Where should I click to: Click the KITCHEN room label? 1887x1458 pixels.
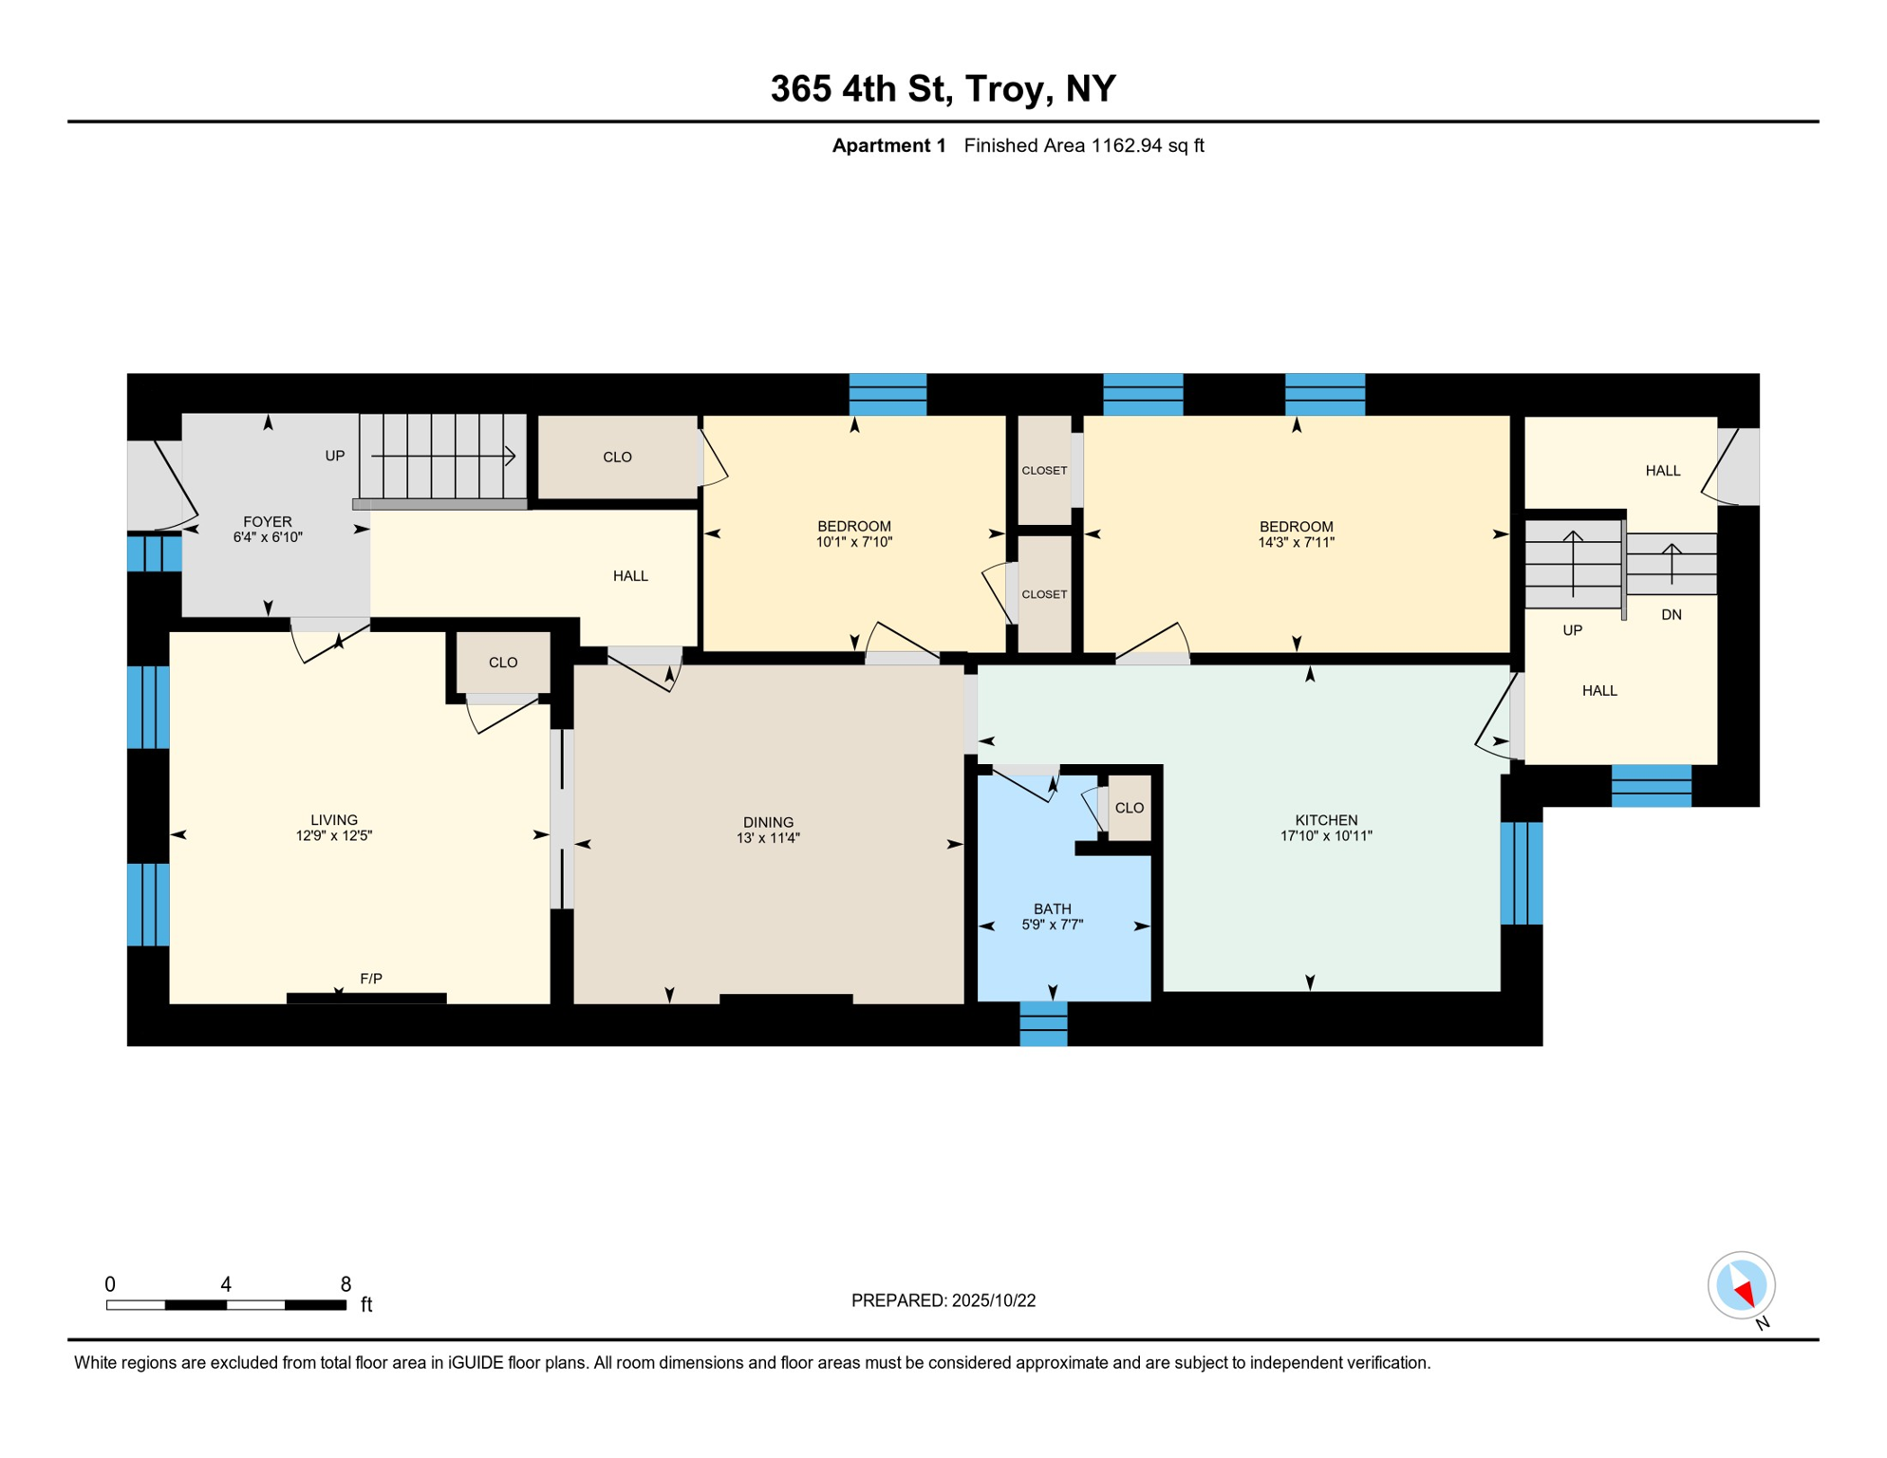point(1326,820)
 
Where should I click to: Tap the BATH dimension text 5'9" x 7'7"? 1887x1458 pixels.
point(1052,925)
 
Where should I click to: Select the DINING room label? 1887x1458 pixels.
point(768,822)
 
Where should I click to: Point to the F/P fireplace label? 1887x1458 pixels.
point(371,979)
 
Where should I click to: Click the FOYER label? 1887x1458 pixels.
point(267,521)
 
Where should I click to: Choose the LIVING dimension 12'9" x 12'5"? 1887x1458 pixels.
point(333,836)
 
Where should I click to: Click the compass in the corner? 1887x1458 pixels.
point(1741,1285)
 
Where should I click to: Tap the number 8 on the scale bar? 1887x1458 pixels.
point(346,1284)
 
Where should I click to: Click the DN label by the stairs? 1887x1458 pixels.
point(1671,615)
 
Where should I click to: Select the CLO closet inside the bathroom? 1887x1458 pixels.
point(1129,808)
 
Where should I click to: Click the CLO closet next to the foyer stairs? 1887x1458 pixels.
point(617,457)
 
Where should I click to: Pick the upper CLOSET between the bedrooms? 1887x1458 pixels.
point(1044,471)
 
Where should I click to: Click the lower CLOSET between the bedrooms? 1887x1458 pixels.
point(1044,594)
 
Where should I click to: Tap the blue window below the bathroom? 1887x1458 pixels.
point(1043,1024)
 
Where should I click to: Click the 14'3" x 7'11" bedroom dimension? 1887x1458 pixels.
point(1296,543)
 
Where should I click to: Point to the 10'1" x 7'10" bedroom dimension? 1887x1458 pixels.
point(853,542)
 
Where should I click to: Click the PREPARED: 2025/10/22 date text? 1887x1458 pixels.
point(943,1300)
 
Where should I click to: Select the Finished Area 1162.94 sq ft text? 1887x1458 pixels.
point(1083,145)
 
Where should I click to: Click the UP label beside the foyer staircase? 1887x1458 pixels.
point(334,456)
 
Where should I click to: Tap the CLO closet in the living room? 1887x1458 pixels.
point(502,663)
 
